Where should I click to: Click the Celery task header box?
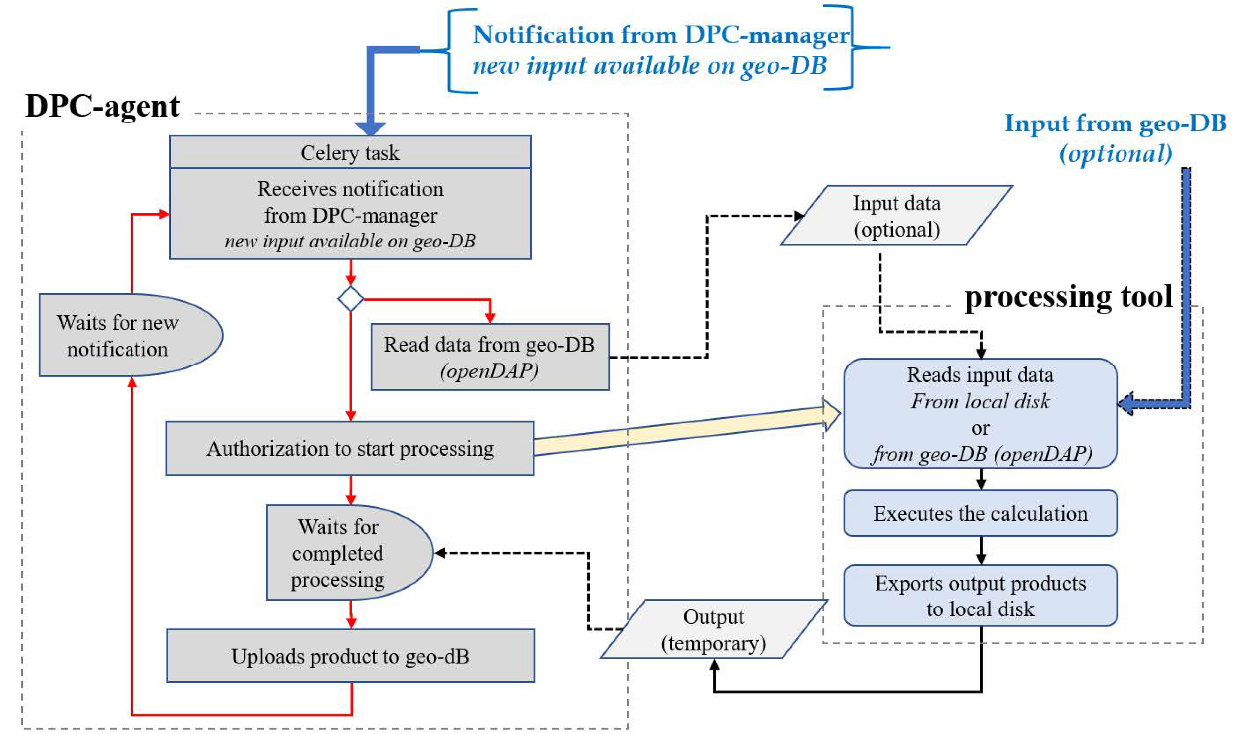pos(350,152)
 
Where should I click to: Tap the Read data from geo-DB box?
pos(490,356)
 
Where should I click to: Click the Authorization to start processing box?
pos(349,448)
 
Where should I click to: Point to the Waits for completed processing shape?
pos(343,553)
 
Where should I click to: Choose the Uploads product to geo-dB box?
pos(351,656)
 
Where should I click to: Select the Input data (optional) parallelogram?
pos(896,215)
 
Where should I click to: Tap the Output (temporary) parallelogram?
pos(714,629)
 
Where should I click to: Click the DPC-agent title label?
pos(102,106)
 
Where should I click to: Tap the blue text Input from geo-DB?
pos(1115,123)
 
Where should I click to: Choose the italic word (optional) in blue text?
pos(1115,153)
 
